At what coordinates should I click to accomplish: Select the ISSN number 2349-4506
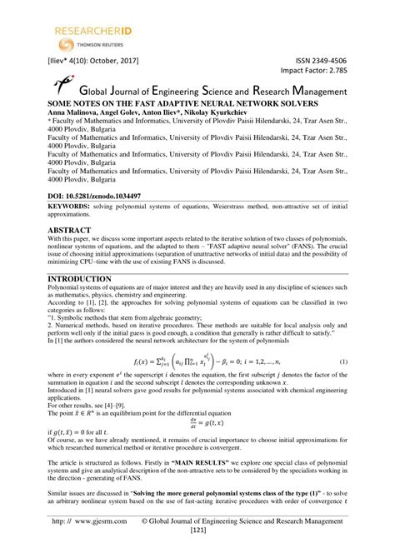[x=362, y=61]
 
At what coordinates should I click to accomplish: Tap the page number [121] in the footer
[x=197, y=553]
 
